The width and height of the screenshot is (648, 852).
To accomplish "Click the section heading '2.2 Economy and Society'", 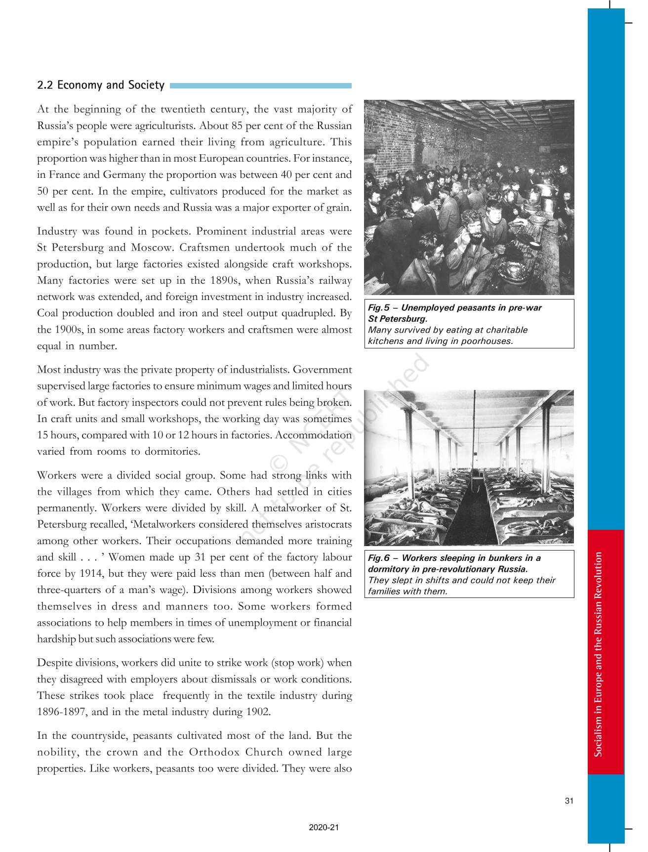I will click(101, 85).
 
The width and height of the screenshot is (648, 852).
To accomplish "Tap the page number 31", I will click(569, 801).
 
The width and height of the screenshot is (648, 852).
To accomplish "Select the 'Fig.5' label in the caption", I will click(379, 308).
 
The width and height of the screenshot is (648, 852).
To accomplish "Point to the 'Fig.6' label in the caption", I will click(379, 558).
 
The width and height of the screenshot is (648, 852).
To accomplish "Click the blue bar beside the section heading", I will click(260, 85).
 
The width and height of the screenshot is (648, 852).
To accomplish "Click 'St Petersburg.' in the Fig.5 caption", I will click(398, 319).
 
